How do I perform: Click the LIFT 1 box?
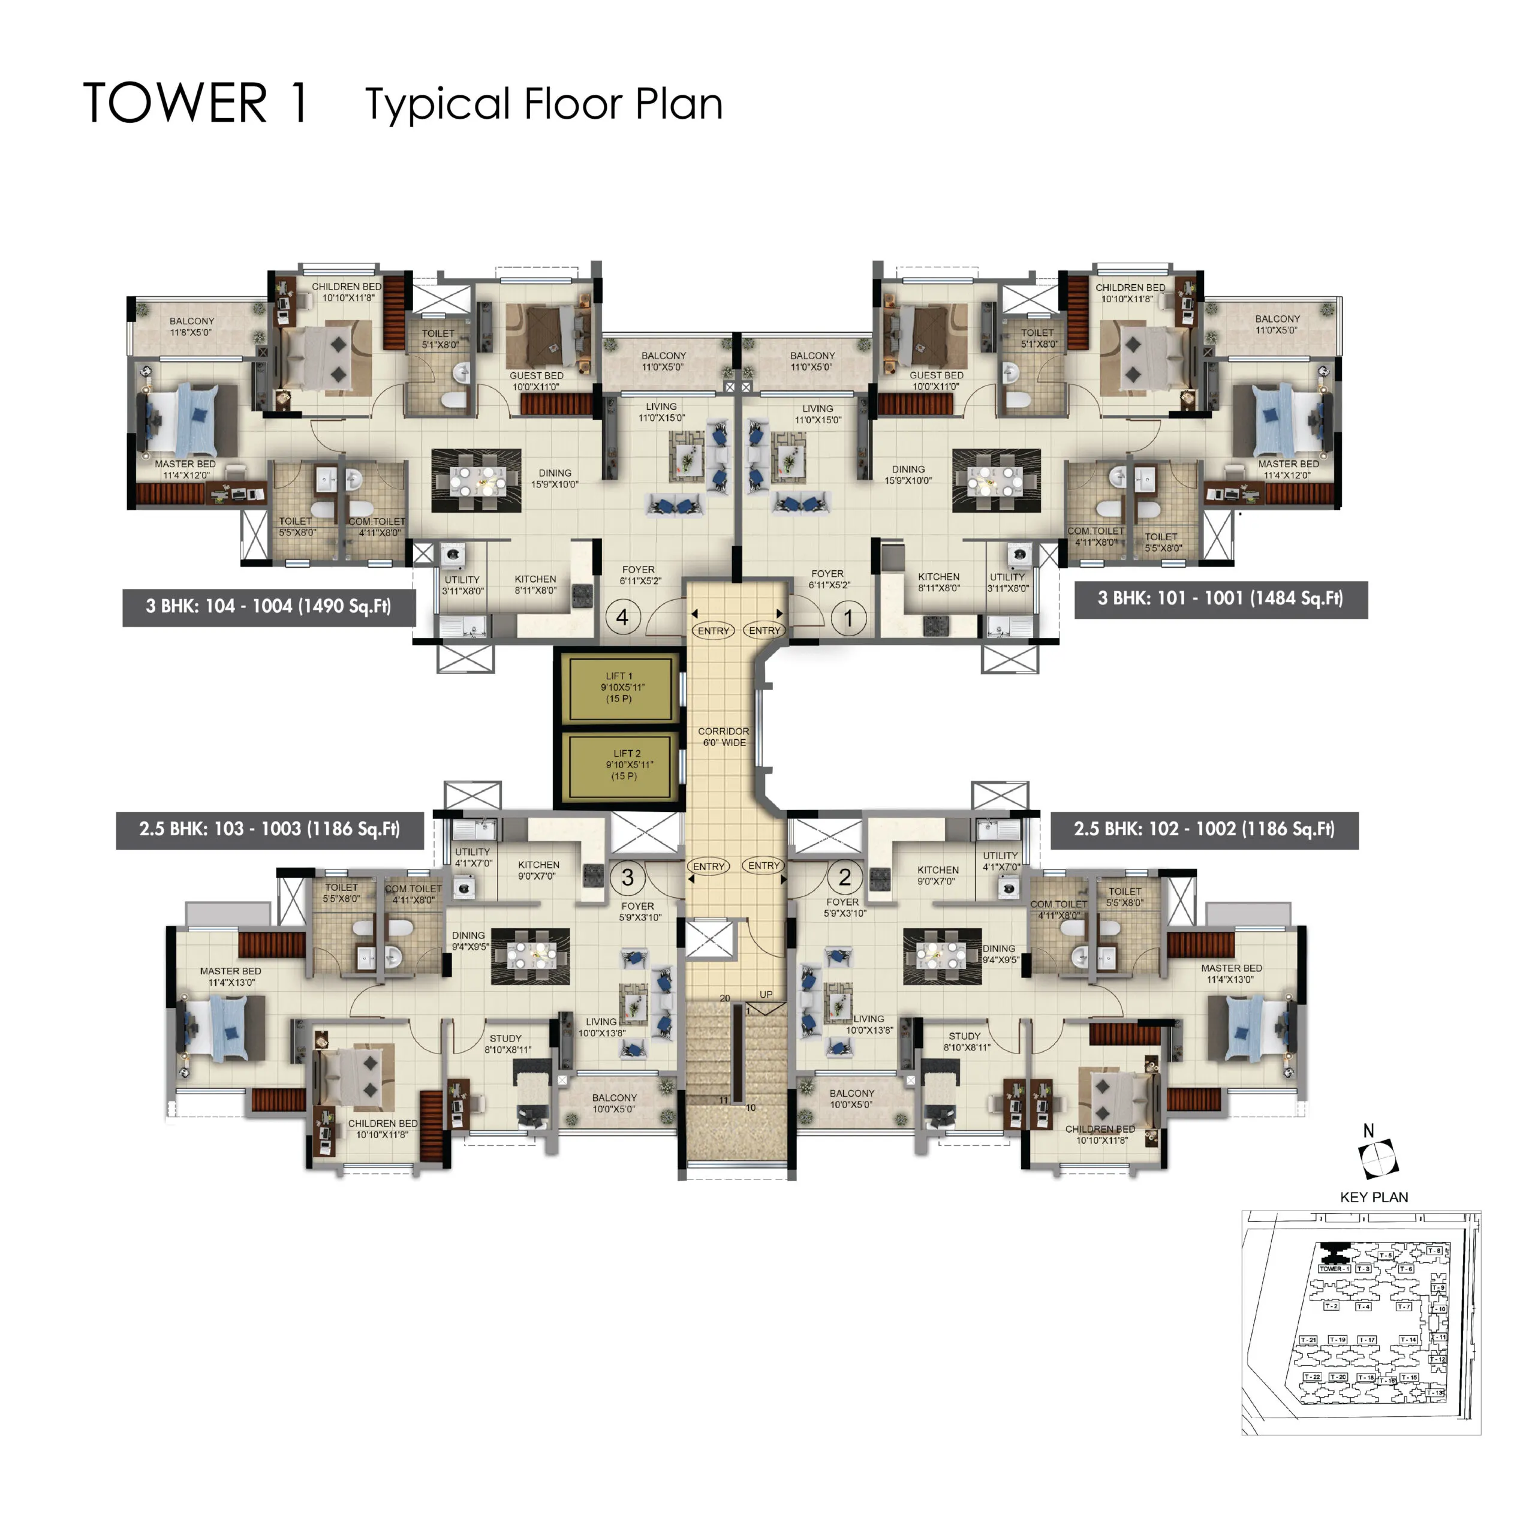[x=620, y=688]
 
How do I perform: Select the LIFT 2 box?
[x=624, y=765]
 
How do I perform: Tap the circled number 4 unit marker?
[x=622, y=618]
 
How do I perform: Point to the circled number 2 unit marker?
[x=845, y=877]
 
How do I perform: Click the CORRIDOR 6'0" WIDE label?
[x=723, y=736]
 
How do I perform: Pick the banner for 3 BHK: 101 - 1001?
[x=1220, y=598]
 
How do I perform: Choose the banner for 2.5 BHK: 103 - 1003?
[x=269, y=829]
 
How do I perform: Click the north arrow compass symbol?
[x=1379, y=1159]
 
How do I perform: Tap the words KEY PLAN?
[x=1374, y=1197]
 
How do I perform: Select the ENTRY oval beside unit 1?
[x=765, y=630]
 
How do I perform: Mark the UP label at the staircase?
[x=766, y=995]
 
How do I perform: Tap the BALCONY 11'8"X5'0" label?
[x=191, y=327]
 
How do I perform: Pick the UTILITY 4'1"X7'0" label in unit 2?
[x=1000, y=861]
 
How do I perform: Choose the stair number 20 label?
[x=724, y=998]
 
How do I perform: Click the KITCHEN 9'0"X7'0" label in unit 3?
[x=538, y=870]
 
